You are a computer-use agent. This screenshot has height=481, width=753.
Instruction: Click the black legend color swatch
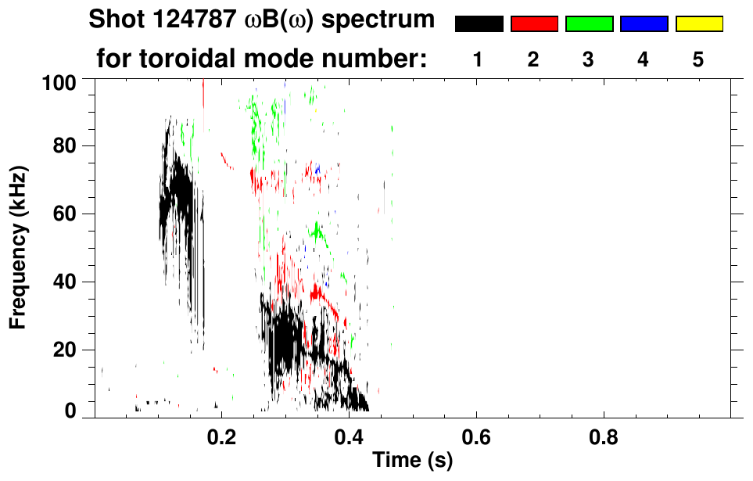point(479,24)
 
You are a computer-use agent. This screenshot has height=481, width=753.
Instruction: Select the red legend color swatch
point(534,24)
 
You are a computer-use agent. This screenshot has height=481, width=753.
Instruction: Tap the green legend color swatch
point(589,24)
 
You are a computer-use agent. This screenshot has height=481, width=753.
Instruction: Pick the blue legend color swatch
point(644,24)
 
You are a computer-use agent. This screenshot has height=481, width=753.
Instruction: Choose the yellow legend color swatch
point(699,24)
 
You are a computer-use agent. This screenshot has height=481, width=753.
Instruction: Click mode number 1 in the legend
point(478,59)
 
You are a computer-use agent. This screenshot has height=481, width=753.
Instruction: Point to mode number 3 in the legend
point(588,59)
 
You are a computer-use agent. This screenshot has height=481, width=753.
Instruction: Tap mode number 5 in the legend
point(698,59)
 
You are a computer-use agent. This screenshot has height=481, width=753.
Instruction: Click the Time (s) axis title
point(412,461)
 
